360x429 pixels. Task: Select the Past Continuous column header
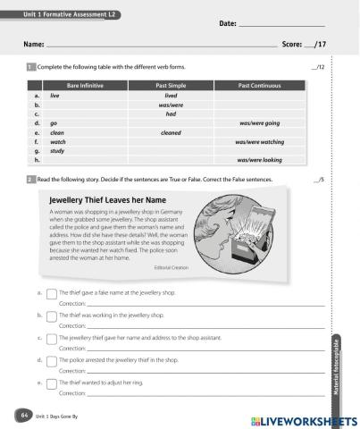click(x=259, y=85)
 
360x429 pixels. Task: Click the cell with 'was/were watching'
click(x=259, y=142)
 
